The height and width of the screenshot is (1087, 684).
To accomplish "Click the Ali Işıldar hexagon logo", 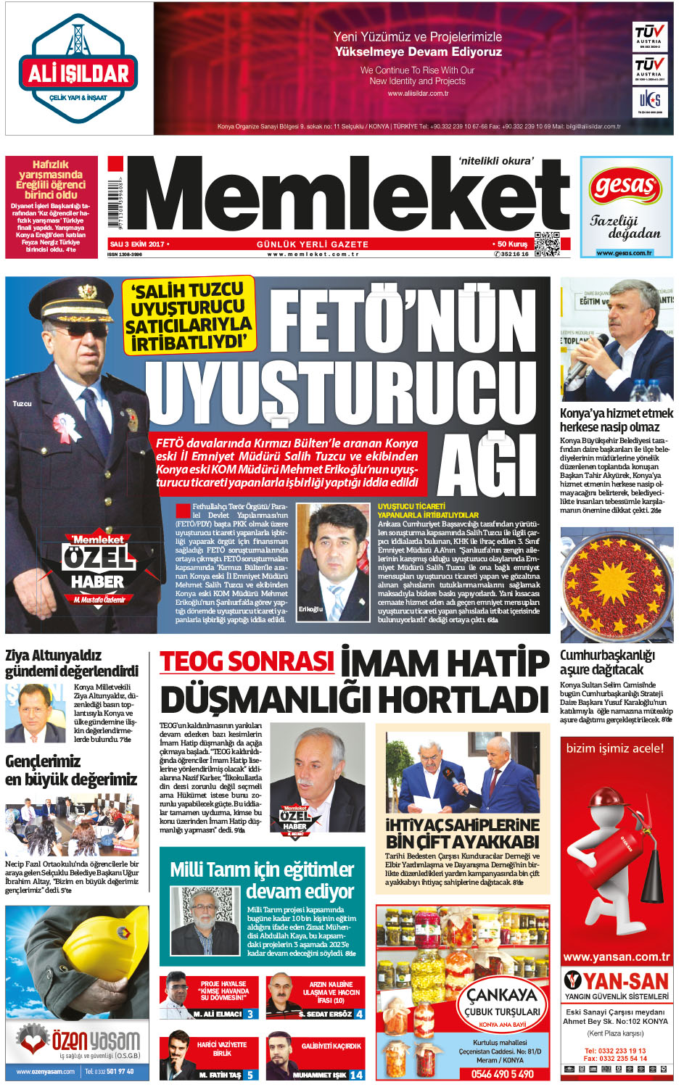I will pyautogui.click(x=78, y=68).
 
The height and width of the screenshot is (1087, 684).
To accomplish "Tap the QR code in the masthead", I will pyautogui.click(x=547, y=244).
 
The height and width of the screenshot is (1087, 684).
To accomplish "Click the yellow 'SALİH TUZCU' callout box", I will pyautogui.click(x=189, y=315).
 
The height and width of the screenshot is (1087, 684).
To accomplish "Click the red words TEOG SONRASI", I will pyautogui.click(x=247, y=662).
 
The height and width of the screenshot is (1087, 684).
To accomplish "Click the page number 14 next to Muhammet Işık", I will pyautogui.click(x=357, y=1075).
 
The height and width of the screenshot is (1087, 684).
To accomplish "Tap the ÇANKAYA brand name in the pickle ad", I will pyautogui.click(x=501, y=995).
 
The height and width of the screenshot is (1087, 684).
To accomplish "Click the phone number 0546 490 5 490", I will pyautogui.click(x=502, y=1074).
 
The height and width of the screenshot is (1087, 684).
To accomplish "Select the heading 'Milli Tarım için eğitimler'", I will pyautogui.click(x=262, y=869).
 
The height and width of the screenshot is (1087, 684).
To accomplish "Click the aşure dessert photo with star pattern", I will pyautogui.click(x=617, y=584).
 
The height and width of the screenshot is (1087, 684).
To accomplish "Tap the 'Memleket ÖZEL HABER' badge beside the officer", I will pyautogui.click(x=98, y=567).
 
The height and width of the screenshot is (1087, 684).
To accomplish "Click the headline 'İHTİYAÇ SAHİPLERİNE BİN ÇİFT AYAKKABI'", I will pyautogui.click(x=462, y=833).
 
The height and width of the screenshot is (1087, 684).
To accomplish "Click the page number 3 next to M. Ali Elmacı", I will pyautogui.click(x=250, y=1014).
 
